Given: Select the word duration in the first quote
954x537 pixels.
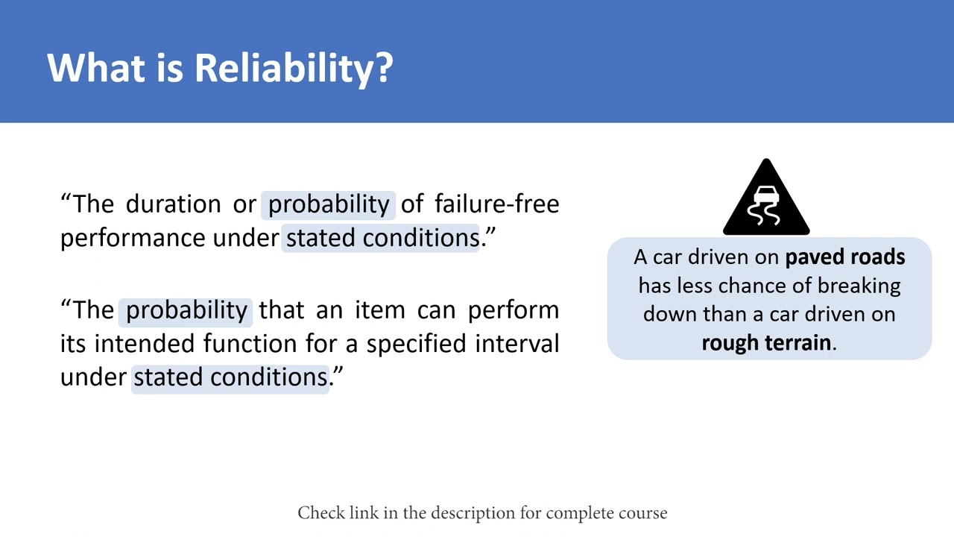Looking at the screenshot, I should click(173, 204).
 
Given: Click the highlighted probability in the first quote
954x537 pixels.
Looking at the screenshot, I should click(329, 204).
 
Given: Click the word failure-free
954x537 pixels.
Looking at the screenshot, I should click(496, 204).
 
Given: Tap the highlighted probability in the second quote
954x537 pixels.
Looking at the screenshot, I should click(186, 310).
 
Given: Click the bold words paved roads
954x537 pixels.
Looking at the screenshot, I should click(844, 257).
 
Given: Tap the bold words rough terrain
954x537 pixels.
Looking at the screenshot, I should click(766, 343).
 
